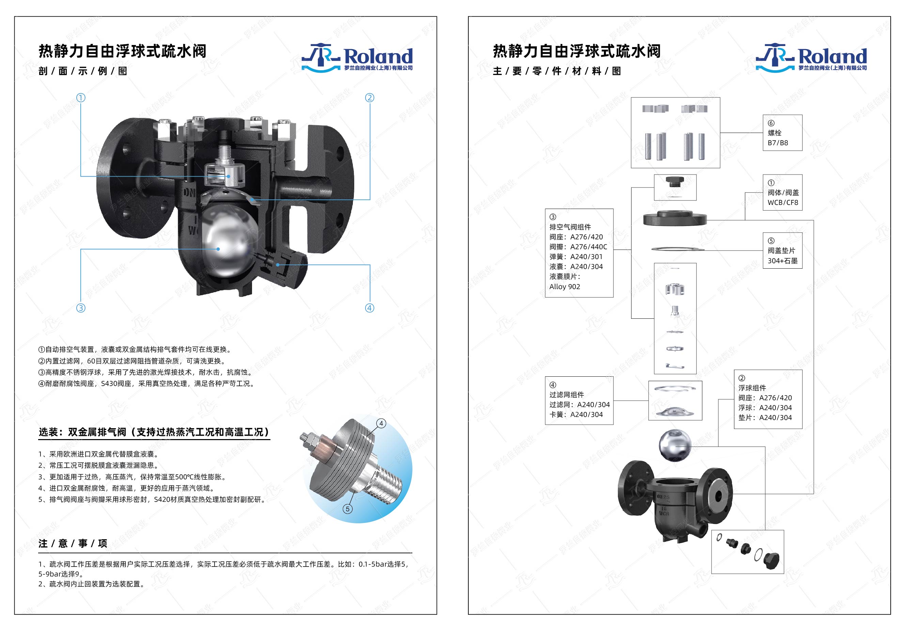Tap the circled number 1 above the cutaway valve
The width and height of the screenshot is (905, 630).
click(81, 97)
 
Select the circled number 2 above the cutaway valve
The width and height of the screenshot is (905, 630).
click(369, 97)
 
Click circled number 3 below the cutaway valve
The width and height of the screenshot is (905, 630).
click(81, 308)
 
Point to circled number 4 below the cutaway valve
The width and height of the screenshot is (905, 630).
click(369, 308)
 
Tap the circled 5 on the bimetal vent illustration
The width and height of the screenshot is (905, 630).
click(347, 509)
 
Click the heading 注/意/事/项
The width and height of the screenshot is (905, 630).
click(73, 543)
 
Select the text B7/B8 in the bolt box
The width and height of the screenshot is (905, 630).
click(778, 143)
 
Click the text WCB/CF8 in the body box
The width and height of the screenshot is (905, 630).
click(782, 202)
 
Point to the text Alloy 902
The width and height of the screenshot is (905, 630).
click(564, 287)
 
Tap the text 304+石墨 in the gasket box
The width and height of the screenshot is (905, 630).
click(782, 261)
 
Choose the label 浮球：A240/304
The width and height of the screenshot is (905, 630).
click(765, 407)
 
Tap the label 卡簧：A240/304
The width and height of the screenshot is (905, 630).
click(576, 414)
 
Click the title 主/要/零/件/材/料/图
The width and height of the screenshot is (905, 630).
click(557, 71)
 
